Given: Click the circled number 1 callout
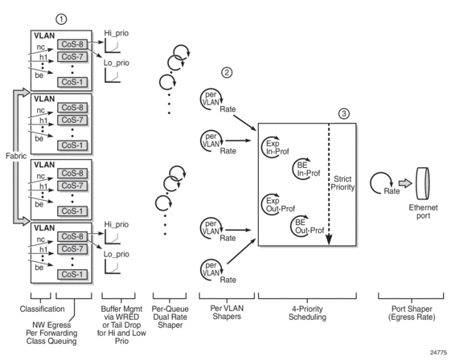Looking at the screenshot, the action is (61, 19).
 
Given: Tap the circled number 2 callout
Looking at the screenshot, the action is (227, 72).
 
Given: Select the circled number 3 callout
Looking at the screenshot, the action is (344, 114).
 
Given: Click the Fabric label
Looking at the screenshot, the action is (16, 156).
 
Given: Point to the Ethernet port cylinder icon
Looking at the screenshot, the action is (423, 184).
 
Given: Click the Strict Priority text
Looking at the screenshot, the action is (342, 183).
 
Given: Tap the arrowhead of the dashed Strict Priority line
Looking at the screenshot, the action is (329, 239).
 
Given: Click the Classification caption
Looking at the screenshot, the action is (43, 309).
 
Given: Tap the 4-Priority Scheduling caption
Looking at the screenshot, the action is (307, 313).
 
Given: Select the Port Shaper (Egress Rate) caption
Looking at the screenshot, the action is (412, 313).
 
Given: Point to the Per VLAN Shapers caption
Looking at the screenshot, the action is (227, 313).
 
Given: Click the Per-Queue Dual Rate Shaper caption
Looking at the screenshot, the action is (170, 317).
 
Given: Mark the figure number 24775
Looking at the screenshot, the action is (438, 353).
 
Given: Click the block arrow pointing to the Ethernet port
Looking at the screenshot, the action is (405, 183).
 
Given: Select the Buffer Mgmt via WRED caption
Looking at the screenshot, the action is (121, 325).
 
